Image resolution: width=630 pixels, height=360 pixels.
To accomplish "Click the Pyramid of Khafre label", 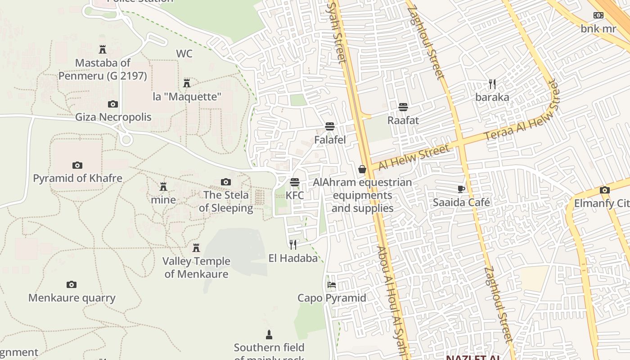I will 77,178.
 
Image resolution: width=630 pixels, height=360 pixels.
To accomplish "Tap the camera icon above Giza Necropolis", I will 112,104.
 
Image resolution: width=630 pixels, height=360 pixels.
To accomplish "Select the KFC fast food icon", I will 295,182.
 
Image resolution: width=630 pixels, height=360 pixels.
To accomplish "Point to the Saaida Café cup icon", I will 461,189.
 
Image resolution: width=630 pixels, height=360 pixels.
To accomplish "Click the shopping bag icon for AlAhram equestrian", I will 362,169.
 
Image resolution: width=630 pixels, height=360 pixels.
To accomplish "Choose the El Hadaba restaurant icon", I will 293,244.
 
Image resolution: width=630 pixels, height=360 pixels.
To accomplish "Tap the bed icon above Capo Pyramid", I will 332,285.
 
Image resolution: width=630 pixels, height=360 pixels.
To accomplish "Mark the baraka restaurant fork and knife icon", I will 492,84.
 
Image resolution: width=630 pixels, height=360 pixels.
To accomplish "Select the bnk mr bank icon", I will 598,15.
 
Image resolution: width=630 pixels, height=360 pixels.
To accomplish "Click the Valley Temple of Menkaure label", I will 196,267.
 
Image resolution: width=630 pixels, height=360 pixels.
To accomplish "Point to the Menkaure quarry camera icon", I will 72,284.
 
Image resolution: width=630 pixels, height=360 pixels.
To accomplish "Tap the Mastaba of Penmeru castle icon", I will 103,49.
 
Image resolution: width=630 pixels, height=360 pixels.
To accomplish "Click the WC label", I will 184,54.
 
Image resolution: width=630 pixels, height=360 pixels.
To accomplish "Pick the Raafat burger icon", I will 403,107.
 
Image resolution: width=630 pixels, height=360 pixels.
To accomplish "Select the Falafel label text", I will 330,140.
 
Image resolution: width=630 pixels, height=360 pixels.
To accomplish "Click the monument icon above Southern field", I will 269,334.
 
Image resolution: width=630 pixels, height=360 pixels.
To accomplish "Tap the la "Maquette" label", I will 187,97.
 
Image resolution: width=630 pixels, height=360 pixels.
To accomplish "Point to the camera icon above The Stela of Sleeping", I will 226,182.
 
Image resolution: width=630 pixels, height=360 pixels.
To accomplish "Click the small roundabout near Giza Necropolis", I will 126,140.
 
